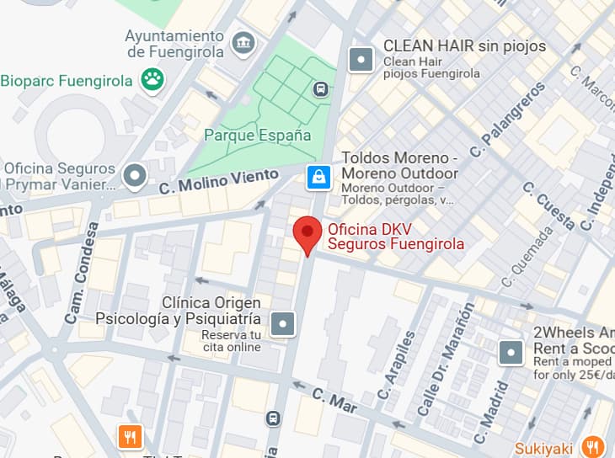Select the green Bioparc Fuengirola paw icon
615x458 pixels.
153,81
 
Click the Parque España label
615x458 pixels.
257,135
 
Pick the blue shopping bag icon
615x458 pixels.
318,177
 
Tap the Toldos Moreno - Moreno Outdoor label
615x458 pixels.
399,166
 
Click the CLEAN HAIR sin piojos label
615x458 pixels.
464,45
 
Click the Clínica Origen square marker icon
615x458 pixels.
284,322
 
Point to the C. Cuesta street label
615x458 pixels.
548,205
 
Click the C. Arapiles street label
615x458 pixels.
397,365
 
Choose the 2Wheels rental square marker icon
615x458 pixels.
511,352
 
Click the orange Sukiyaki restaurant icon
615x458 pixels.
594,446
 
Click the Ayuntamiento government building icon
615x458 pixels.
244,42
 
